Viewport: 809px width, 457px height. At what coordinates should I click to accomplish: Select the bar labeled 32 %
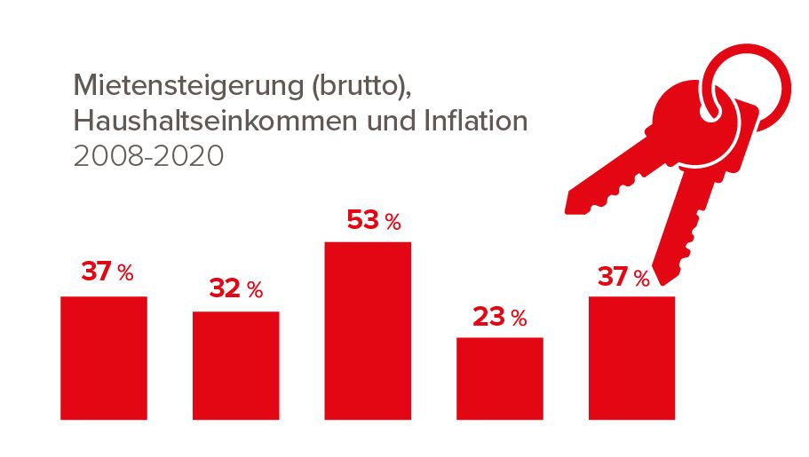coord(235,365)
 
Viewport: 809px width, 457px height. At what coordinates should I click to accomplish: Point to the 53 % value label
coord(374,220)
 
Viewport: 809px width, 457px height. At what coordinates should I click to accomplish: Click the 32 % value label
coord(236,289)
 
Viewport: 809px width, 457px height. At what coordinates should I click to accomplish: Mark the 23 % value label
coord(499,317)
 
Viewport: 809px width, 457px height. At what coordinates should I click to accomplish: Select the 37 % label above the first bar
coord(107,272)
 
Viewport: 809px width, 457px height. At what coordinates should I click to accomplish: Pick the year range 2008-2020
coord(148,155)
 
